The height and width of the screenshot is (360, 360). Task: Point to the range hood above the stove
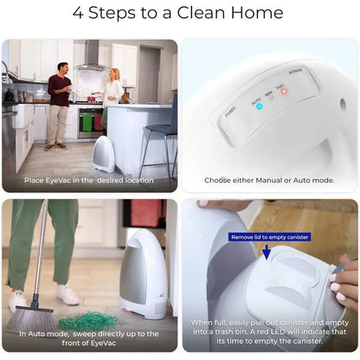[x=90, y=55]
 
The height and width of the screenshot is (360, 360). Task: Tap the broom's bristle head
[x=31, y=319]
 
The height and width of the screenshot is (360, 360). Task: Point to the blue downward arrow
[x=267, y=252]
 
